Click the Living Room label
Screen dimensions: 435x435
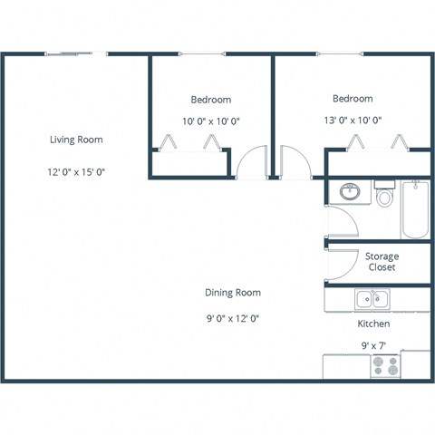76,140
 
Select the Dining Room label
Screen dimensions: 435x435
233,293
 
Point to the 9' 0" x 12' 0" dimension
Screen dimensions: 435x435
233,318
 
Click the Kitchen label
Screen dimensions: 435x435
373,324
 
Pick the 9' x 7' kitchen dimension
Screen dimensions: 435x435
373,344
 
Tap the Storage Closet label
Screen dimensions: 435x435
382,262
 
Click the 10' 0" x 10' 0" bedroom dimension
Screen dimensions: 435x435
211,121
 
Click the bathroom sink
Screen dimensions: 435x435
347,192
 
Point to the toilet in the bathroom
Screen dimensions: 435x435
384,196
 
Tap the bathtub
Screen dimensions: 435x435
416,209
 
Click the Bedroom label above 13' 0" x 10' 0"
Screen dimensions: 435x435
353,99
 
